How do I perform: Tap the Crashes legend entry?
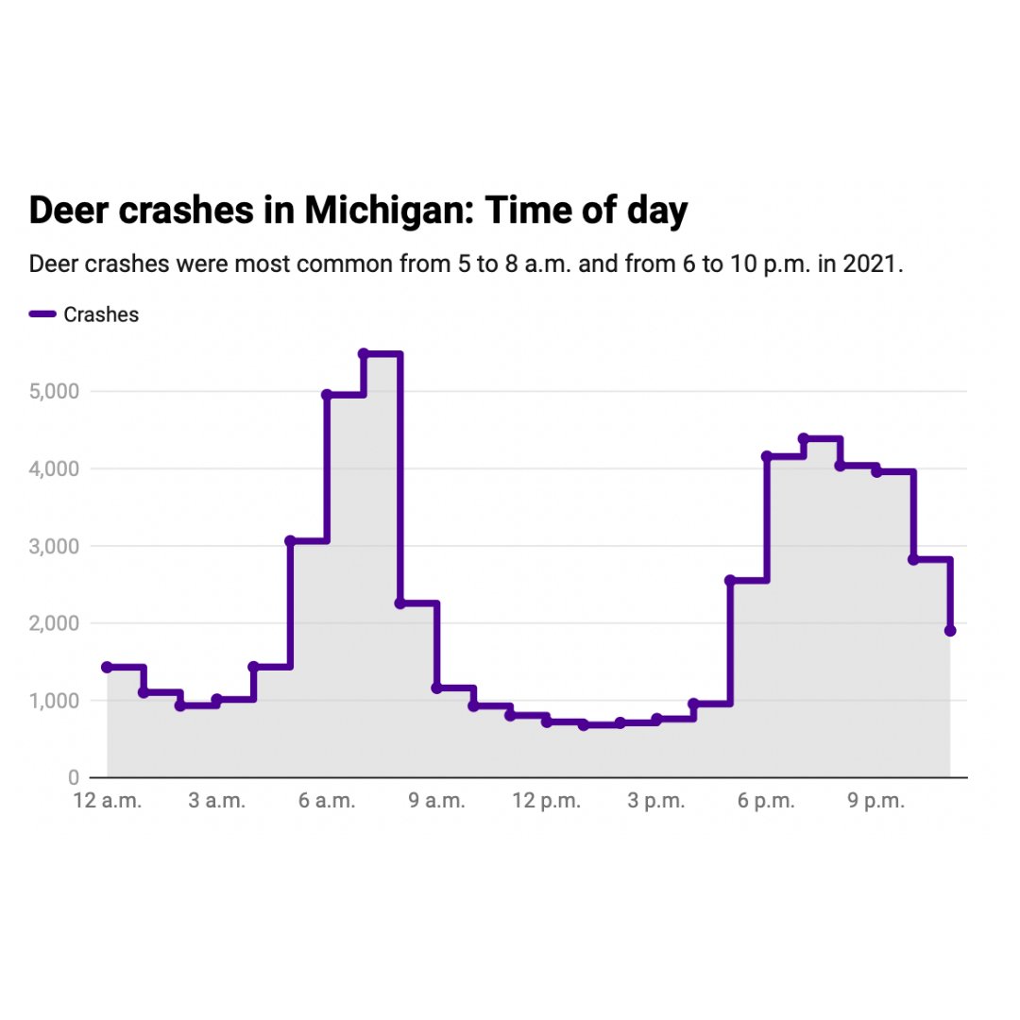[100, 315]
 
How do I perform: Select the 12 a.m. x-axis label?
[108, 802]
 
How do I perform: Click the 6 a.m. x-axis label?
[327, 802]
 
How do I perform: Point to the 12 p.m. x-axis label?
[547, 802]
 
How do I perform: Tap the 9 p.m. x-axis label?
[876, 802]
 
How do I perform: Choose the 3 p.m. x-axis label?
[656, 802]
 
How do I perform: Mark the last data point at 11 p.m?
[950, 631]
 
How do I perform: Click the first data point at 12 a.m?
[107, 667]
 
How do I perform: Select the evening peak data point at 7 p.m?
[804, 438]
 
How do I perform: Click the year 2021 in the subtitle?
[873, 263]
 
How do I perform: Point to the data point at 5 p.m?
[730, 580]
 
